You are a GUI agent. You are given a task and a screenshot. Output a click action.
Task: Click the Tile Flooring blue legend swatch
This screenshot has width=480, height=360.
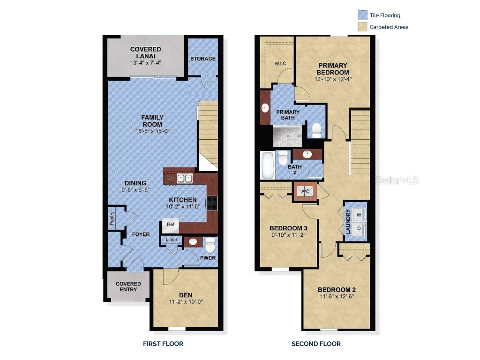[x=362, y=15]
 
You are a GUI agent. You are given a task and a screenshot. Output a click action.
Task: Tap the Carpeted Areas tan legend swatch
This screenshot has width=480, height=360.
[x=362, y=27]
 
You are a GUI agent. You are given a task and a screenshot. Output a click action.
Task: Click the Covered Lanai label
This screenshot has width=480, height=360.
[x=145, y=52]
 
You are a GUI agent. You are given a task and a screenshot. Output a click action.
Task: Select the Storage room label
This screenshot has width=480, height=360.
[x=203, y=59]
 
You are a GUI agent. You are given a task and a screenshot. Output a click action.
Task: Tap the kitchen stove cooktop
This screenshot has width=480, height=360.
[x=212, y=202]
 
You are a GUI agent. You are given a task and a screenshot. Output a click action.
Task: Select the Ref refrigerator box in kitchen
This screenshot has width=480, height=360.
[x=171, y=225]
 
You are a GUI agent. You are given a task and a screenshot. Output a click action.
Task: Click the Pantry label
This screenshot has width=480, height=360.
[x=112, y=219]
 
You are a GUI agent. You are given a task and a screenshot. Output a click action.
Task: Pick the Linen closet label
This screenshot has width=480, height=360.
[x=172, y=240]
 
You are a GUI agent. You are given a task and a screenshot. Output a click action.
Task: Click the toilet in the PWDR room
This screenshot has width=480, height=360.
[x=210, y=244]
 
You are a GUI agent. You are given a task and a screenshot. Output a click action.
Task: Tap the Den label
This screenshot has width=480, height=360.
[x=186, y=295]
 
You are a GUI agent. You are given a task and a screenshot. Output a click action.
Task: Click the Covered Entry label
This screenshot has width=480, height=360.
[x=128, y=287]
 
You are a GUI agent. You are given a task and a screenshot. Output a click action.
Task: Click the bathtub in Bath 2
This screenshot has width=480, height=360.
[x=267, y=165]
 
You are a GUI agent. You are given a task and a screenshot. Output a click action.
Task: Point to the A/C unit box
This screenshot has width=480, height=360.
[x=305, y=191]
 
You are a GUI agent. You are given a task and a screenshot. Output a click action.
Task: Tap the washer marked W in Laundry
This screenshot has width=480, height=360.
[x=360, y=214]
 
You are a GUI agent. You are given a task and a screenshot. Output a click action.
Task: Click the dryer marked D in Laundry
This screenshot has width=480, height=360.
[x=360, y=229]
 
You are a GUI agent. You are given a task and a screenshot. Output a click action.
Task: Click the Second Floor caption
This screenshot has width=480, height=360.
[x=316, y=344]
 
